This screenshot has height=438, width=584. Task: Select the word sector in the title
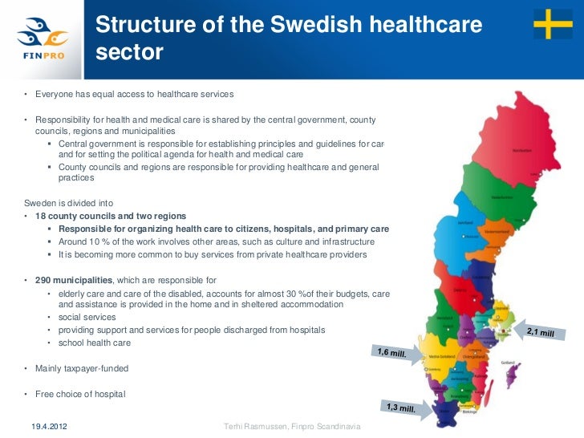(x=129, y=54)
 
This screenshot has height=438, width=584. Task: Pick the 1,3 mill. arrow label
(x=401, y=408)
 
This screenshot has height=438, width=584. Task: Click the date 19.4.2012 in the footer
(x=50, y=424)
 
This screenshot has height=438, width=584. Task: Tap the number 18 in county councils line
(x=40, y=217)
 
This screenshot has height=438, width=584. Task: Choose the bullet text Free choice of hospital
(x=79, y=395)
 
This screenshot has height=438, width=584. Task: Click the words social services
(x=89, y=318)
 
